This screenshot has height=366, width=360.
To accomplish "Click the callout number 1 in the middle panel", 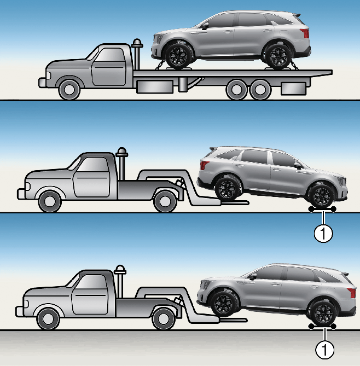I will pyautogui.click(x=324, y=234).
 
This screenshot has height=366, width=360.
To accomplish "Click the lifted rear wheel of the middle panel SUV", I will pyautogui.click(x=226, y=188).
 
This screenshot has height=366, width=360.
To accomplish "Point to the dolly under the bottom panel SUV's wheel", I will pyautogui.click(x=322, y=327).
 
